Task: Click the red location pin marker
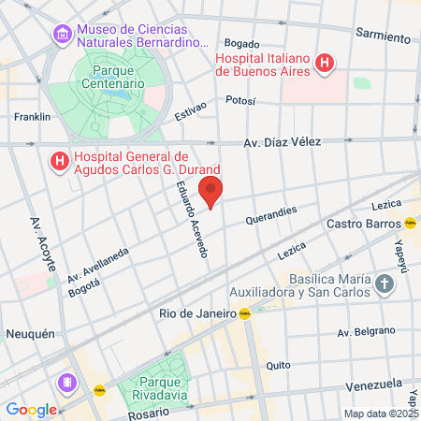click(211, 192)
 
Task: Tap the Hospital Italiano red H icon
click(325, 64)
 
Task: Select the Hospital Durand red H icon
click(60, 162)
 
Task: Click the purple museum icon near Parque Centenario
click(63, 36)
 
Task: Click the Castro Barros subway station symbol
click(410, 224)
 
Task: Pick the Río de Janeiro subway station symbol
click(244, 313)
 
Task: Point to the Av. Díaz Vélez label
click(282, 142)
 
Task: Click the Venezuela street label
click(372, 385)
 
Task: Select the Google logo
click(31, 409)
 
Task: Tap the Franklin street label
click(32, 117)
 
